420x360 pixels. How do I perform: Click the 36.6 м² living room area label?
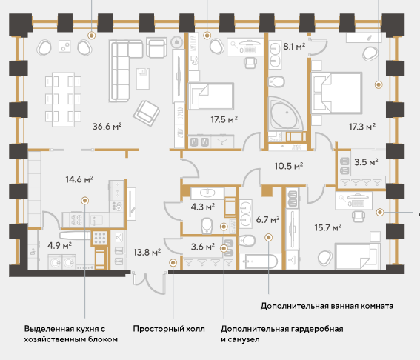(107, 126)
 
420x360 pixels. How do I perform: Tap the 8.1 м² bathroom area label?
(294, 47)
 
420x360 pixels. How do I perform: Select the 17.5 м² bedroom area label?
(224, 119)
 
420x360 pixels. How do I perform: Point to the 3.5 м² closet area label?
(366, 162)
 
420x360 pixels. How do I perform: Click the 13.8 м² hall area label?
(147, 252)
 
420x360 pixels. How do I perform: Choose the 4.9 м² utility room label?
(59, 245)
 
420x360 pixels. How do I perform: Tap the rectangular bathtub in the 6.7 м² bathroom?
(260, 261)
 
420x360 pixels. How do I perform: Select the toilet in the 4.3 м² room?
(207, 225)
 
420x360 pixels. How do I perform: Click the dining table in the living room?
(63, 100)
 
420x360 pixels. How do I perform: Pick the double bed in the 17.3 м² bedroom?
(336, 93)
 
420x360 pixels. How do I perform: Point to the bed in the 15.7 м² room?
(357, 256)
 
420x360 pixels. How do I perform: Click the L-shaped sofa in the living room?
(125, 70)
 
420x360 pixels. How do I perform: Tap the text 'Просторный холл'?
(169, 329)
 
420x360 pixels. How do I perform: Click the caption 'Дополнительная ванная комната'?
(327, 306)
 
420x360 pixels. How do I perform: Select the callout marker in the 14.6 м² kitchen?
(85, 201)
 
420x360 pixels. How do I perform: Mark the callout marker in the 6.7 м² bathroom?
(269, 237)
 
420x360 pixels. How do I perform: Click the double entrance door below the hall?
(150, 282)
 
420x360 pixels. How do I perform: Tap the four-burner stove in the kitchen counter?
(76, 219)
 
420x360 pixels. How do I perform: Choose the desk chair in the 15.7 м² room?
(359, 216)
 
